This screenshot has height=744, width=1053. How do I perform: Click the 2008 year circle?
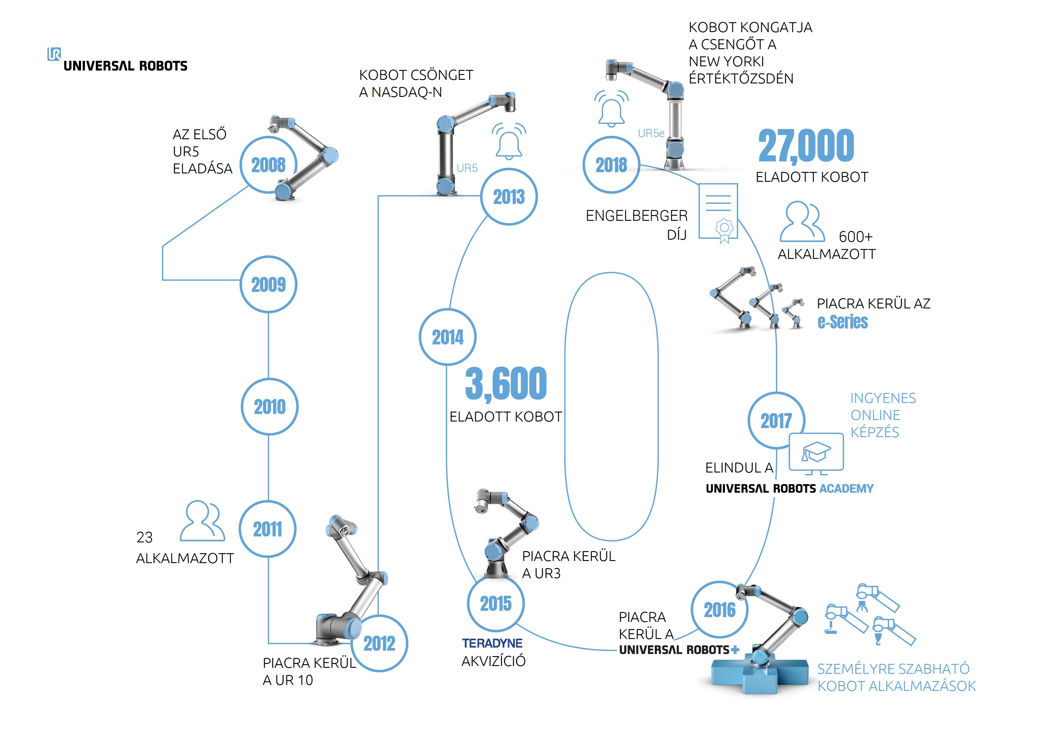pos(268,165)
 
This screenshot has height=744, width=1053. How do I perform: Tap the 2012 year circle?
pos(379,643)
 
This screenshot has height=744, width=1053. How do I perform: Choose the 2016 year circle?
pos(720,610)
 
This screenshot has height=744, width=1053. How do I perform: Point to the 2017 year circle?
pos(776,420)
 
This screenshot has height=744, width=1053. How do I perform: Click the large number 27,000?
pos(806,146)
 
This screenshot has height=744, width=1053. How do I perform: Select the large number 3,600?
pos(505,384)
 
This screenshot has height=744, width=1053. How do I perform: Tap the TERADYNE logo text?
pos(492,643)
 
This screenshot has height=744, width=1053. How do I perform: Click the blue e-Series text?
pos(843,322)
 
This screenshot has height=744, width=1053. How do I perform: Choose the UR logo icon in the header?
pos(54,54)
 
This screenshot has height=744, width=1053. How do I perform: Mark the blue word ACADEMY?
pos(846,489)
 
